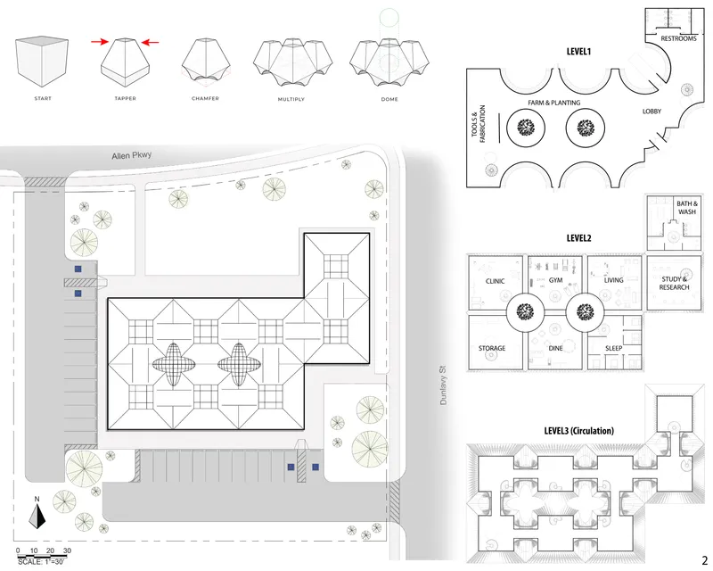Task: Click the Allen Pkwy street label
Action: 131,155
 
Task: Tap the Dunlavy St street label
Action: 443,385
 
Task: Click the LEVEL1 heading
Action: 578,52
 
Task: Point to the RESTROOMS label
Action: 678,38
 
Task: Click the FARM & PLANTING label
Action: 553,103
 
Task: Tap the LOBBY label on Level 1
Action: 652,112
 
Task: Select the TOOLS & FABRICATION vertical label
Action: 479,124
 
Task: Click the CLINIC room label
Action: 495,281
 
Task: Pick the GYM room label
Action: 555,280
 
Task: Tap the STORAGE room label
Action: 492,348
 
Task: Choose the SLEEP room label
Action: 613,348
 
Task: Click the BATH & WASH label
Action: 687,208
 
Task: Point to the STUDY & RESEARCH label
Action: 674,283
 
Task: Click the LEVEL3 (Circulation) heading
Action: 578,431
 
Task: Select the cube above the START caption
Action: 42,62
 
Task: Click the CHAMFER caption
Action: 205,98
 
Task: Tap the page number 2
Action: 705,560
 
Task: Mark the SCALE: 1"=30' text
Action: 41,562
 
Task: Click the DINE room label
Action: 555,348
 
